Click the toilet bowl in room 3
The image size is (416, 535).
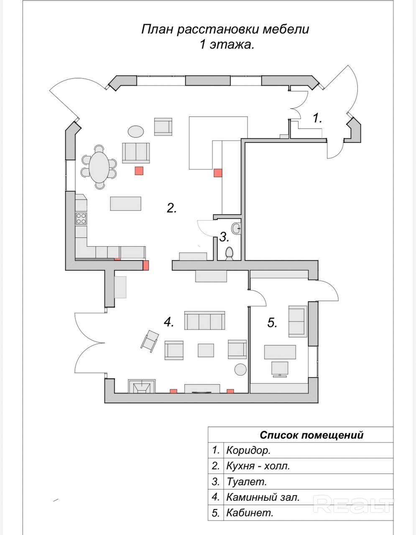coord(229,253)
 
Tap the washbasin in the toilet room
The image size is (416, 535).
coord(237,228)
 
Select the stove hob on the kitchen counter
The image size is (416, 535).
coord(81,218)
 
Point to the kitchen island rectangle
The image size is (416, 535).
coord(126,204)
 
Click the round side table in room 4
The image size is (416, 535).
coord(240,369)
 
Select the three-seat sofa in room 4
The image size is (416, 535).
coord(205,321)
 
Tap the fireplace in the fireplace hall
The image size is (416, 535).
coord(142,387)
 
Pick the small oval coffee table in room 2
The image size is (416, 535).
coord(135,132)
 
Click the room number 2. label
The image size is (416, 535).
coord(171,208)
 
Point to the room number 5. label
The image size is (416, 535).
coord(272,323)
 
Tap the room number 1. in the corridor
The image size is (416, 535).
coord(317,118)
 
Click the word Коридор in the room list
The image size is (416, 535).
coord(248,451)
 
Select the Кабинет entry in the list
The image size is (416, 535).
coord(249,513)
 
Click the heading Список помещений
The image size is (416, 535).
coord(311,435)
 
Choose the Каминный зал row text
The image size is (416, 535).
coord(263,497)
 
